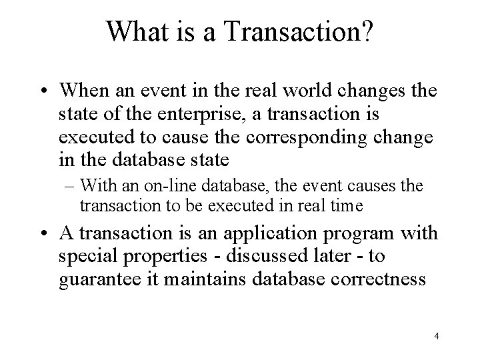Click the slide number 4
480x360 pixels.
(436, 336)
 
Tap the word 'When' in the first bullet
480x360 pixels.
(82, 91)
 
